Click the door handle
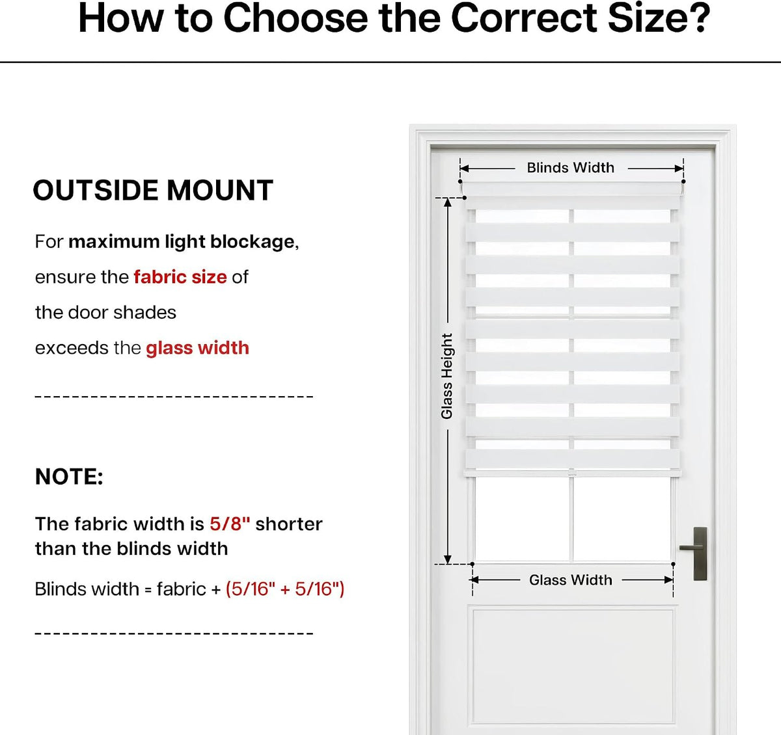(699, 554)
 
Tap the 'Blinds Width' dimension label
(571, 168)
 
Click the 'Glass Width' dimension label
(571, 580)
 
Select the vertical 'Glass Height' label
(446, 376)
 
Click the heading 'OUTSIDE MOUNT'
(153, 190)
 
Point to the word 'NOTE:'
(69, 477)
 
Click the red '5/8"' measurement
(230, 524)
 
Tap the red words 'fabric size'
(180, 277)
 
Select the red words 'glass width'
(197, 348)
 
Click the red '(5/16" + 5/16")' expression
(284, 589)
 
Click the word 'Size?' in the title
(659, 18)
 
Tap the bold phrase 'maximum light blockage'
(182, 242)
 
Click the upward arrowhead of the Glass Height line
(448, 202)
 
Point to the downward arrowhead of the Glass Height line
(448, 559)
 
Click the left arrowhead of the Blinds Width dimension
(465, 168)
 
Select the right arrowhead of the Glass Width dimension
(668, 580)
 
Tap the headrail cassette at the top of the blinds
(572, 189)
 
